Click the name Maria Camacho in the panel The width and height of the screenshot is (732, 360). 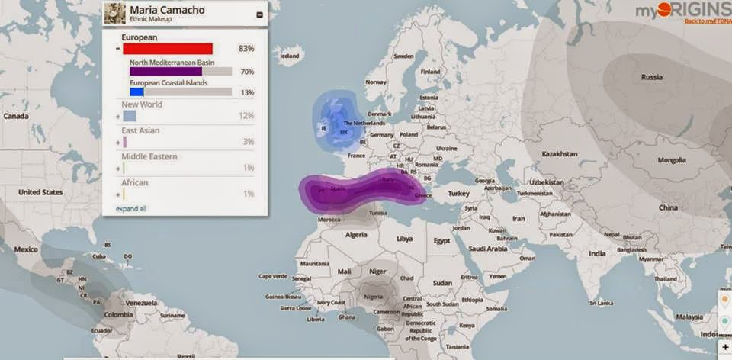pos(156,10)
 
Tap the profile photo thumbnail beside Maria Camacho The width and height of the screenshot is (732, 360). pos(114,13)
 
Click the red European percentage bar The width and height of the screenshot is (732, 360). pos(167,49)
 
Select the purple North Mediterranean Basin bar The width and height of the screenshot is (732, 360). pos(165,72)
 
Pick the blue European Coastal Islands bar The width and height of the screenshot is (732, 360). pos(136,92)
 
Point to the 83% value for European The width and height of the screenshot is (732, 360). pos(246,49)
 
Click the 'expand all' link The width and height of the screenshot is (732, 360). pos(131,208)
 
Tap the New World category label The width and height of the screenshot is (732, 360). pos(142,104)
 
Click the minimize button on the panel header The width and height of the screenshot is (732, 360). pos(259,14)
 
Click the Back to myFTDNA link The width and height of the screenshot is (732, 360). pos(707,21)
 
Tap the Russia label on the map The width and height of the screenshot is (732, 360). pos(651,77)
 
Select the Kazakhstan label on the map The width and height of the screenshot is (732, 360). pos(560,154)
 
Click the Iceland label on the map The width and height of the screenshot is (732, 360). pos(291,56)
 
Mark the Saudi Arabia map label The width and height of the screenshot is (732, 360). pos(488,248)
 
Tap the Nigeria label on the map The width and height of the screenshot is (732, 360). pos(373,297)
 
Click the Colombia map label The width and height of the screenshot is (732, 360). pos(118,314)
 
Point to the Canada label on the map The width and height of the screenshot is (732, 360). pos(15,116)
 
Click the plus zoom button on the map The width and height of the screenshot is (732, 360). pos(724,347)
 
